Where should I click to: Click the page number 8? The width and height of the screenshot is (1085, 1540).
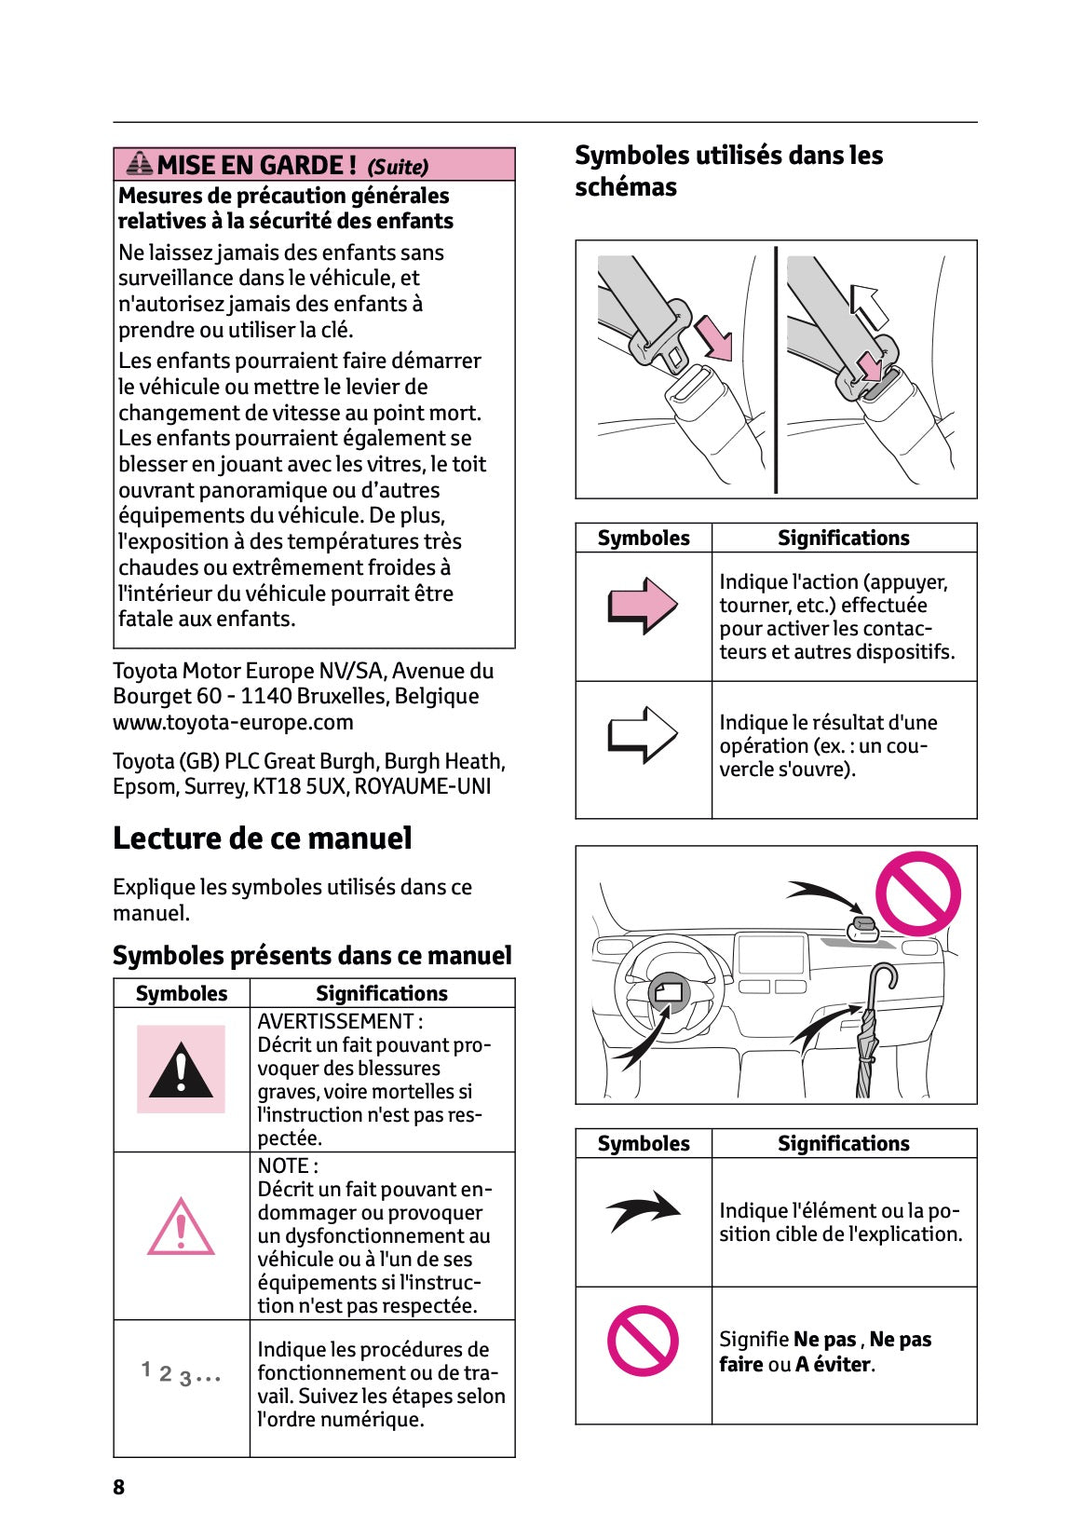tap(118, 1487)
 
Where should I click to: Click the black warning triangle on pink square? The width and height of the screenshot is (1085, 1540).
tap(181, 1070)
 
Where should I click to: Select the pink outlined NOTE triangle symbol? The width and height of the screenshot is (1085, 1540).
tap(181, 1228)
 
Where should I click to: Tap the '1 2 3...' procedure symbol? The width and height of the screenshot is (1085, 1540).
tap(181, 1373)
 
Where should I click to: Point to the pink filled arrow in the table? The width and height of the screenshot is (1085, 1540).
tap(643, 606)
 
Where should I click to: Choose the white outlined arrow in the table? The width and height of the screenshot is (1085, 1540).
tap(643, 735)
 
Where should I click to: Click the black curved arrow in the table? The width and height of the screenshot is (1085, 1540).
tap(644, 1210)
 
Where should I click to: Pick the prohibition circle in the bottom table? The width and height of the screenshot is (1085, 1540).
tap(643, 1341)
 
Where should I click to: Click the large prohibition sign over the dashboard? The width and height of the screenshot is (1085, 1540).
tap(917, 893)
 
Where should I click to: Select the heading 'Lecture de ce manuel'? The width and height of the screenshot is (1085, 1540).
tap(262, 838)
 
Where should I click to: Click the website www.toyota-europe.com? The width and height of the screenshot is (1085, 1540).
tap(233, 722)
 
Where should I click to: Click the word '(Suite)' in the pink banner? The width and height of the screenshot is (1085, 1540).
tap(398, 167)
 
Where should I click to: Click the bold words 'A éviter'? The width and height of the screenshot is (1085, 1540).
tap(834, 1364)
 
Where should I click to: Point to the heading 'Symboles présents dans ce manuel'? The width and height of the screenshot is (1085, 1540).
tap(312, 956)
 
